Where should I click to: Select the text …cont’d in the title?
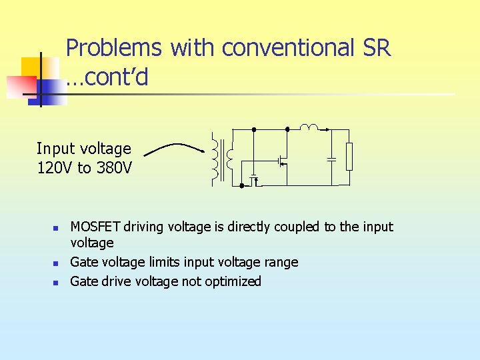pyautogui.click(x=107, y=78)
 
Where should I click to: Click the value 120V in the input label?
pyautogui.click(x=56, y=168)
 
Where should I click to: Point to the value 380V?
pyautogui.click(x=113, y=168)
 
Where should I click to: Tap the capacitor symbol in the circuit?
pyautogui.click(x=331, y=159)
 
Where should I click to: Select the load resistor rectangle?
pyautogui.click(x=348, y=156)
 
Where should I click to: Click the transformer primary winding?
pyautogui.click(x=215, y=158)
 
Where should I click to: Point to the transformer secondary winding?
pyautogui.click(x=230, y=158)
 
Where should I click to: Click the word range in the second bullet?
pyautogui.click(x=281, y=263)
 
